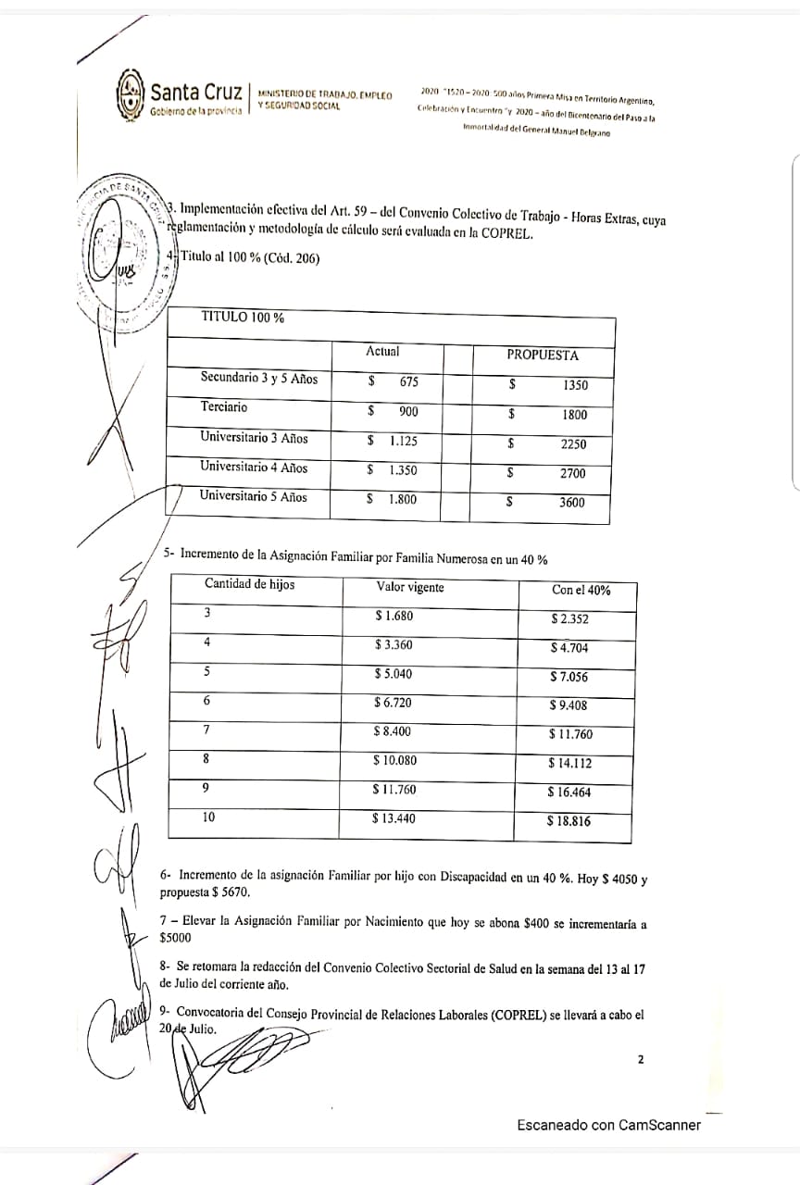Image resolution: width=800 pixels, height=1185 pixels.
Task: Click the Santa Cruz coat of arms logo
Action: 131,94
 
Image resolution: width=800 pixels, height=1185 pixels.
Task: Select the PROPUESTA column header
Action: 542,355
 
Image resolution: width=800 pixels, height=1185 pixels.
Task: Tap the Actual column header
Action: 382,352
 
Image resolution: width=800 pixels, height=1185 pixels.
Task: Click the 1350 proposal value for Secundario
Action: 574,385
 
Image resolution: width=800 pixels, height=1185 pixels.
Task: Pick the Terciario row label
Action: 224,407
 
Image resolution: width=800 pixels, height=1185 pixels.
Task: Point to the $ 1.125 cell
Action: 392,441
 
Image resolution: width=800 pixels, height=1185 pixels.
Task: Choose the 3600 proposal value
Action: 573,504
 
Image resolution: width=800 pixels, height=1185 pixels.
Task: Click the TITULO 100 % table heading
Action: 243,317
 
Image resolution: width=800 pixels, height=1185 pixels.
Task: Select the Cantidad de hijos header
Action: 250,584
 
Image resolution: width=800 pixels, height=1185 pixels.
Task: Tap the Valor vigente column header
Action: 410,587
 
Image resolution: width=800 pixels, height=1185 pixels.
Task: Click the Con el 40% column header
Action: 581,590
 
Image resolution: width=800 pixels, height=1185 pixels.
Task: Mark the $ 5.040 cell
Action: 394,674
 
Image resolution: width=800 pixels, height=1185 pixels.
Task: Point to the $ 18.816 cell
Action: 569,821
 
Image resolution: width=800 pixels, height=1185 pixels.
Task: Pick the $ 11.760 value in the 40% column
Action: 570,735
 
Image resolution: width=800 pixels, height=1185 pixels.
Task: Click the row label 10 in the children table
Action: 209,817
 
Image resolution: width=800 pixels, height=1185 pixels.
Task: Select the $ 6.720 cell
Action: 393,703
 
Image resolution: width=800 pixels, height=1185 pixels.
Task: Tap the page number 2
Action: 640,1060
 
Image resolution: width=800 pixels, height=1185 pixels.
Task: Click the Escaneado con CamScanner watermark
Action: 608,1125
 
